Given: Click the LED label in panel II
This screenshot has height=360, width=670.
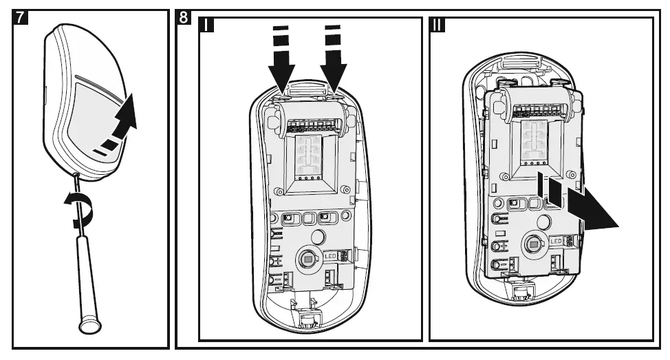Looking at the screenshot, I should point(559,240).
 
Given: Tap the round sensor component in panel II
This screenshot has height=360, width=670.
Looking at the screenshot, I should point(532,243).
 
